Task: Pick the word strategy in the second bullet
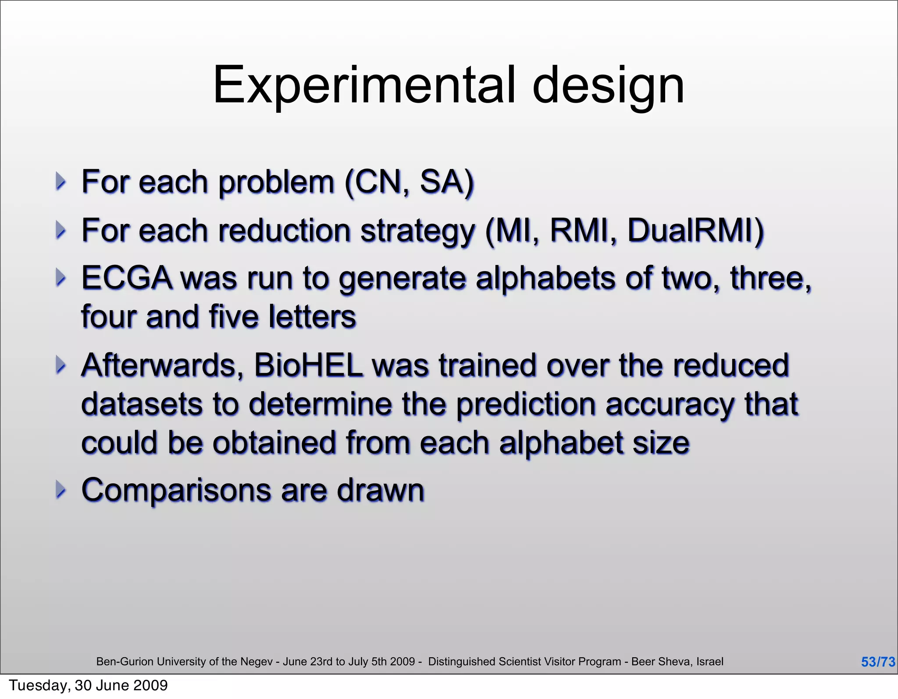[417, 231]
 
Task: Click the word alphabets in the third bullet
[545, 278]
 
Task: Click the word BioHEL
[308, 365]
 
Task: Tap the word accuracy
[670, 404]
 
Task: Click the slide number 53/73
[878, 662]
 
